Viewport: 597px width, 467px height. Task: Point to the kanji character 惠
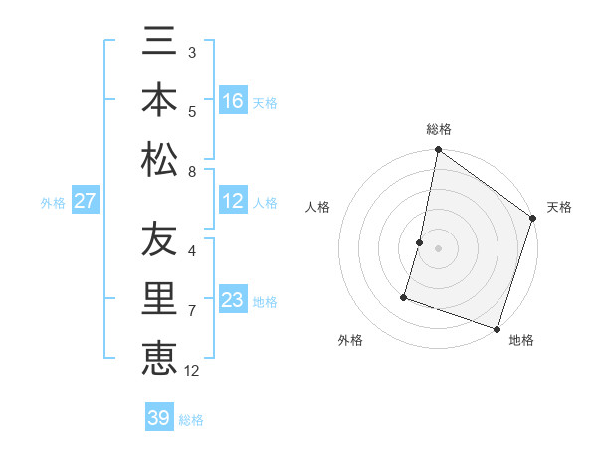[159, 357]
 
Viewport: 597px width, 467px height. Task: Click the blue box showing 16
[233, 101]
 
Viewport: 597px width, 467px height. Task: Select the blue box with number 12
[233, 201]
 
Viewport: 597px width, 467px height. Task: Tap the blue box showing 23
[233, 300]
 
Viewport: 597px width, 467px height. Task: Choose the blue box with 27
[86, 201]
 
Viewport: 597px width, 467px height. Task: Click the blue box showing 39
[159, 418]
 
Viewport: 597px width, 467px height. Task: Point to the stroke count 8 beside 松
[191, 172]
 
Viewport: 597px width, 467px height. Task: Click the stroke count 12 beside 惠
[192, 371]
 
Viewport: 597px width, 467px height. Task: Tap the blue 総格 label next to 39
[192, 420]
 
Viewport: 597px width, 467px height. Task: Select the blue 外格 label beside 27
[53, 203]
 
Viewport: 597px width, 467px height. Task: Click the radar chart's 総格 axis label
[438, 130]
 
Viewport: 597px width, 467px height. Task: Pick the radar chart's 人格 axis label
[318, 207]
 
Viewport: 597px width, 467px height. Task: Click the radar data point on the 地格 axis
[497, 328]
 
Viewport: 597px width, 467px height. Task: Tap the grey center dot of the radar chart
[438, 248]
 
